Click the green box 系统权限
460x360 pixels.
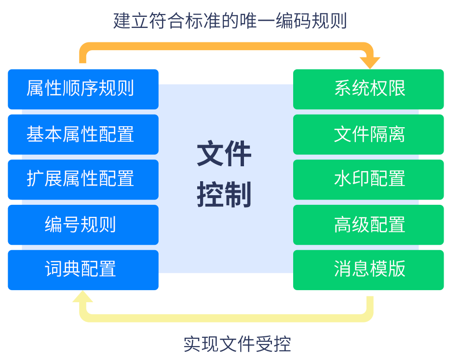point(368,89)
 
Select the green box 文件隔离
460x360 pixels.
point(368,134)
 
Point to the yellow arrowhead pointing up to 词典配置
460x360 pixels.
point(82,297)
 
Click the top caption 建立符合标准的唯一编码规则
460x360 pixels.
point(230,21)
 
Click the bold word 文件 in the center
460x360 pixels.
point(224,154)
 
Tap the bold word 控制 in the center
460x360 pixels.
point(224,195)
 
